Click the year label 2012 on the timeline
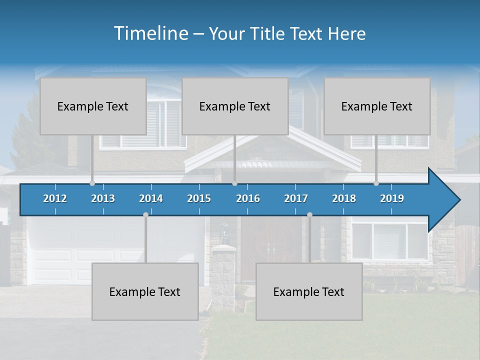55,198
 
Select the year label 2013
103,198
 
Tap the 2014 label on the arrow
151,198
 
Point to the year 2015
199,198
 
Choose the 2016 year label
248,198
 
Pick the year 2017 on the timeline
296,198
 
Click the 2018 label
344,198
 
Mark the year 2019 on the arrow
392,198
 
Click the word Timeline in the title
150,33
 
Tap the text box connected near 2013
93,106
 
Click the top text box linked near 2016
235,106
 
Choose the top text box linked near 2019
377,106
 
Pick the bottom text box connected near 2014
145,291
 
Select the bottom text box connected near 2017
309,291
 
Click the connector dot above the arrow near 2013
92,183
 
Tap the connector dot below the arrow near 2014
145,214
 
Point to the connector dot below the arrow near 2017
309,214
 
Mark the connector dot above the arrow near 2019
376,183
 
